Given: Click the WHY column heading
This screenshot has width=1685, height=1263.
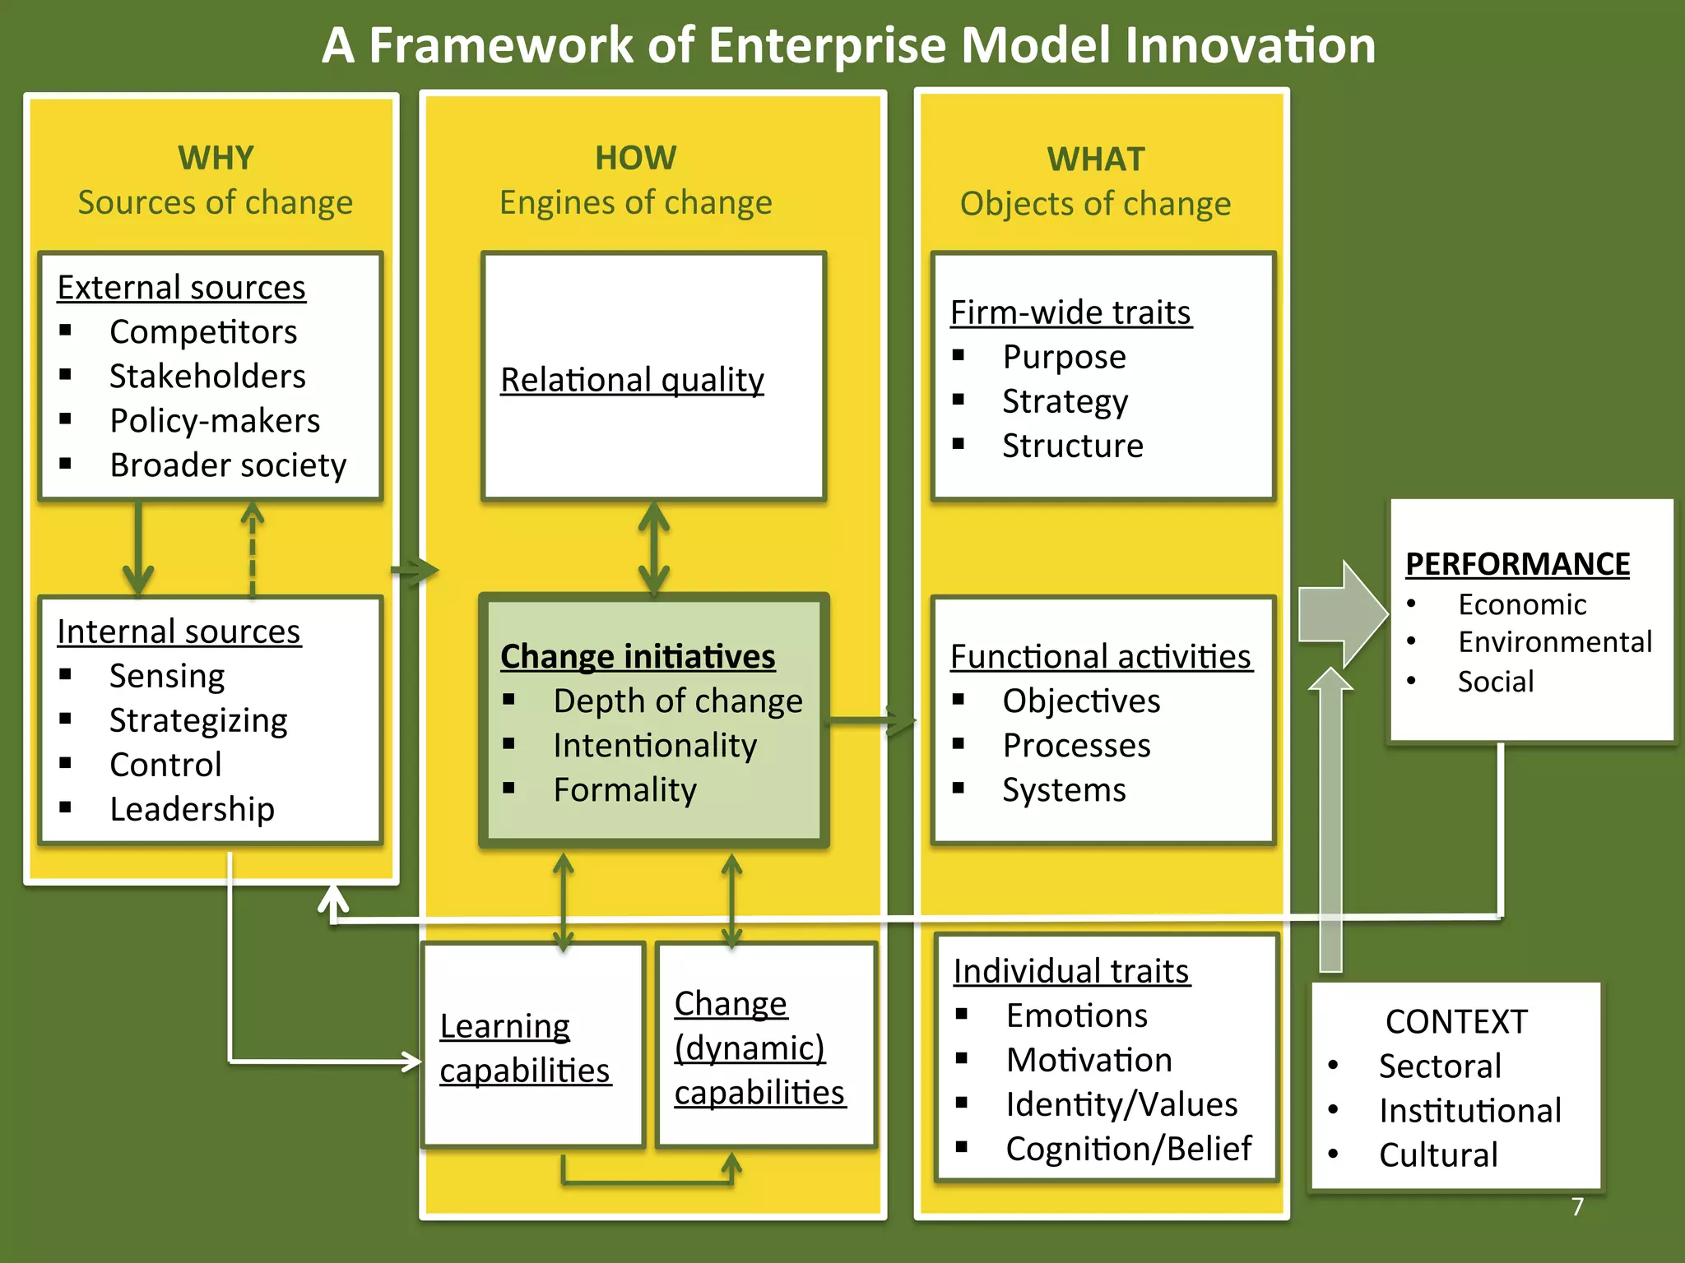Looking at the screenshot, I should [x=216, y=158].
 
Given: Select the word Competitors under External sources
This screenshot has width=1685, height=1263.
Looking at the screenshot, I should [x=203, y=332].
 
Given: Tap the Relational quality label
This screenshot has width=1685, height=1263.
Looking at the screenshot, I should [x=632, y=380].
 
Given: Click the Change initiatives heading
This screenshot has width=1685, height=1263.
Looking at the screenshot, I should [x=638, y=656].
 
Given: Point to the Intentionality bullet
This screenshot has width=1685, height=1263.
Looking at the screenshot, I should [x=655, y=746].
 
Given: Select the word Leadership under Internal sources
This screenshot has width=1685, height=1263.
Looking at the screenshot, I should [x=192, y=809].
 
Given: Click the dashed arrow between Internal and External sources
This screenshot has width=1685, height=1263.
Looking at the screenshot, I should [x=253, y=548].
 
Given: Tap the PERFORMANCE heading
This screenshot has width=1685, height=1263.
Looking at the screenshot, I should [x=1517, y=564].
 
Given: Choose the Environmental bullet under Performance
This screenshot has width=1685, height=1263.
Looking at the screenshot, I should [x=1554, y=642].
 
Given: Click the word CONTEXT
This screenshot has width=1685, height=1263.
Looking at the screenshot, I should [x=1456, y=1022].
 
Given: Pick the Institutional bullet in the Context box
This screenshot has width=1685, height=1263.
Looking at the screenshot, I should [x=1469, y=1111].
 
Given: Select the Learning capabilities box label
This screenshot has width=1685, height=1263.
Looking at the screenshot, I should [x=525, y=1048].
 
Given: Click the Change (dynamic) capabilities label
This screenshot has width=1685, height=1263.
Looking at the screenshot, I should [x=759, y=1048].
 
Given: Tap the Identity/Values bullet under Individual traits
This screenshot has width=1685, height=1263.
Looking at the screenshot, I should [x=1121, y=1104].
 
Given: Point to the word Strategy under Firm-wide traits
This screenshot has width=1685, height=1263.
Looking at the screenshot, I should [x=1065, y=401].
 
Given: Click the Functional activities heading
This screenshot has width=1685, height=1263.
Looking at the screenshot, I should [x=1101, y=657].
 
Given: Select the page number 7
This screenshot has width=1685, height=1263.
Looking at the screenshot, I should [x=1577, y=1206].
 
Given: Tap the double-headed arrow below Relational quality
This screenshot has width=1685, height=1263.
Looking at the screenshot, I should [x=654, y=548].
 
